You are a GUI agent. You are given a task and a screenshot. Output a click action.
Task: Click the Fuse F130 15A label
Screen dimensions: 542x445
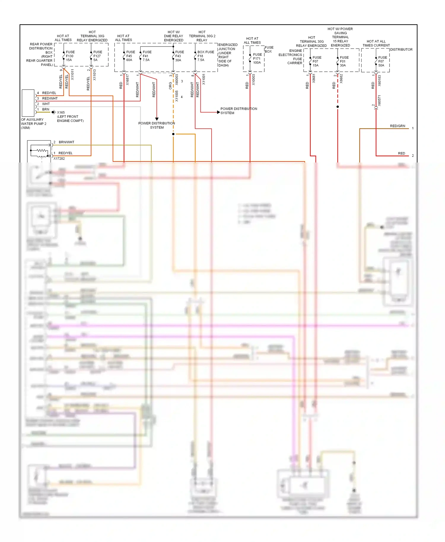click(x=70, y=56)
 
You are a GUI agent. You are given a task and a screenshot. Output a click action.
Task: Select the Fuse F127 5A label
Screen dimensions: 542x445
click(x=97, y=56)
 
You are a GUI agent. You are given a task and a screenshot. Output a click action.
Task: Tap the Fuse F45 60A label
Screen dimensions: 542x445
click(x=130, y=56)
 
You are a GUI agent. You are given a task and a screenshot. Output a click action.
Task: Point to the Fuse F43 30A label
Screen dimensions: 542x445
click(x=179, y=56)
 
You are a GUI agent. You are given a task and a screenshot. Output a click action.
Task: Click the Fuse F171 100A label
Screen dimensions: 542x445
click(x=257, y=59)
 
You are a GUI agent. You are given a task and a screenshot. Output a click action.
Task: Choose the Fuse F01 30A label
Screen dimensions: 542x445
click(x=344, y=61)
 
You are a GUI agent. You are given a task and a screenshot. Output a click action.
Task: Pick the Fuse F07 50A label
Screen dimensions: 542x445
click(x=382, y=61)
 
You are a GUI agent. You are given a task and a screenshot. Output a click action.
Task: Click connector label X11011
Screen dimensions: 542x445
click(x=72, y=74)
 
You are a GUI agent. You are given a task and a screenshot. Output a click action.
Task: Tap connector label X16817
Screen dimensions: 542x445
click(x=128, y=80)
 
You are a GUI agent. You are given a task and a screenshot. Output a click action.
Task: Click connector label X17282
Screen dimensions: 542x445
click(x=59, y=159)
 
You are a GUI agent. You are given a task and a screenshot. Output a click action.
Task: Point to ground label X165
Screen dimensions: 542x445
click(x=61, y=112)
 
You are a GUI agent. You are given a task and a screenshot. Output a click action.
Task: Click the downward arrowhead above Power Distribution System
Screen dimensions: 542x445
click(x=157, y=119)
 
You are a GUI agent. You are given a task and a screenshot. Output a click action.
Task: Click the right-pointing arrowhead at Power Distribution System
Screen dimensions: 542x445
click(x=218, y=112)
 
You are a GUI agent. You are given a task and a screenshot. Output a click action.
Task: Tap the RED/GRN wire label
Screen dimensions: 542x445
click(x=397, y=126)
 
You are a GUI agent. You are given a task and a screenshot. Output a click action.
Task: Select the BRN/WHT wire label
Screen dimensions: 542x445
click(x=66, y=142)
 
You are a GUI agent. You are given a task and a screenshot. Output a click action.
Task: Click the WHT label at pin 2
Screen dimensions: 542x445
click(x=46, y=104)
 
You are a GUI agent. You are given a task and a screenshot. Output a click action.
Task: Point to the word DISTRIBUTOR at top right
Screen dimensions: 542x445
click(x=401, y=50)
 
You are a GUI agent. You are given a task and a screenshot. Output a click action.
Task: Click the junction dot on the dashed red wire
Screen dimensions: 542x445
click(x=338, y=107)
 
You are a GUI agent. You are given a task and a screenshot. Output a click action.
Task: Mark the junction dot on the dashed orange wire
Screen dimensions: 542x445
click(x=173, y=134)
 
